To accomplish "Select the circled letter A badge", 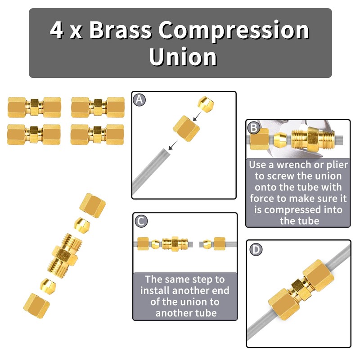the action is (x=140, y=100).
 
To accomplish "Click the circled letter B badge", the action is (x=254, y=128).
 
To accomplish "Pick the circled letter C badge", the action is (x=141, y=221).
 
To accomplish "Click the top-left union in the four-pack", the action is (x=34, y=107).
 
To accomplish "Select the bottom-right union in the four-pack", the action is (x=98, y=134).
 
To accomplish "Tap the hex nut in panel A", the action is (x=185, y=128).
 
